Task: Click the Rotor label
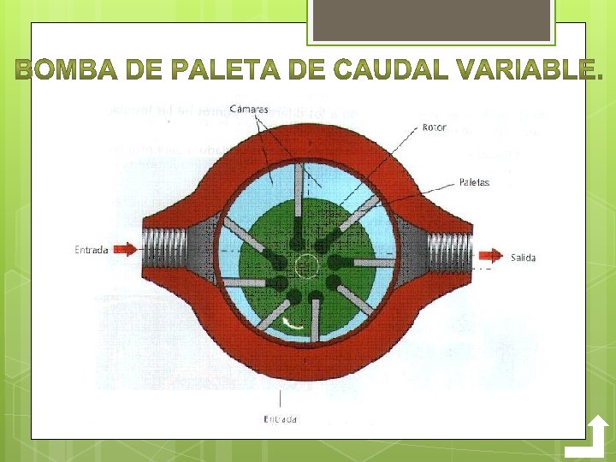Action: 434,128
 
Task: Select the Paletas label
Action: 474,182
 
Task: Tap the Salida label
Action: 524,257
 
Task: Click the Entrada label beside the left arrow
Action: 91,250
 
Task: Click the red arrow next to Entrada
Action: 125,250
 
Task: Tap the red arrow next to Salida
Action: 490,255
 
